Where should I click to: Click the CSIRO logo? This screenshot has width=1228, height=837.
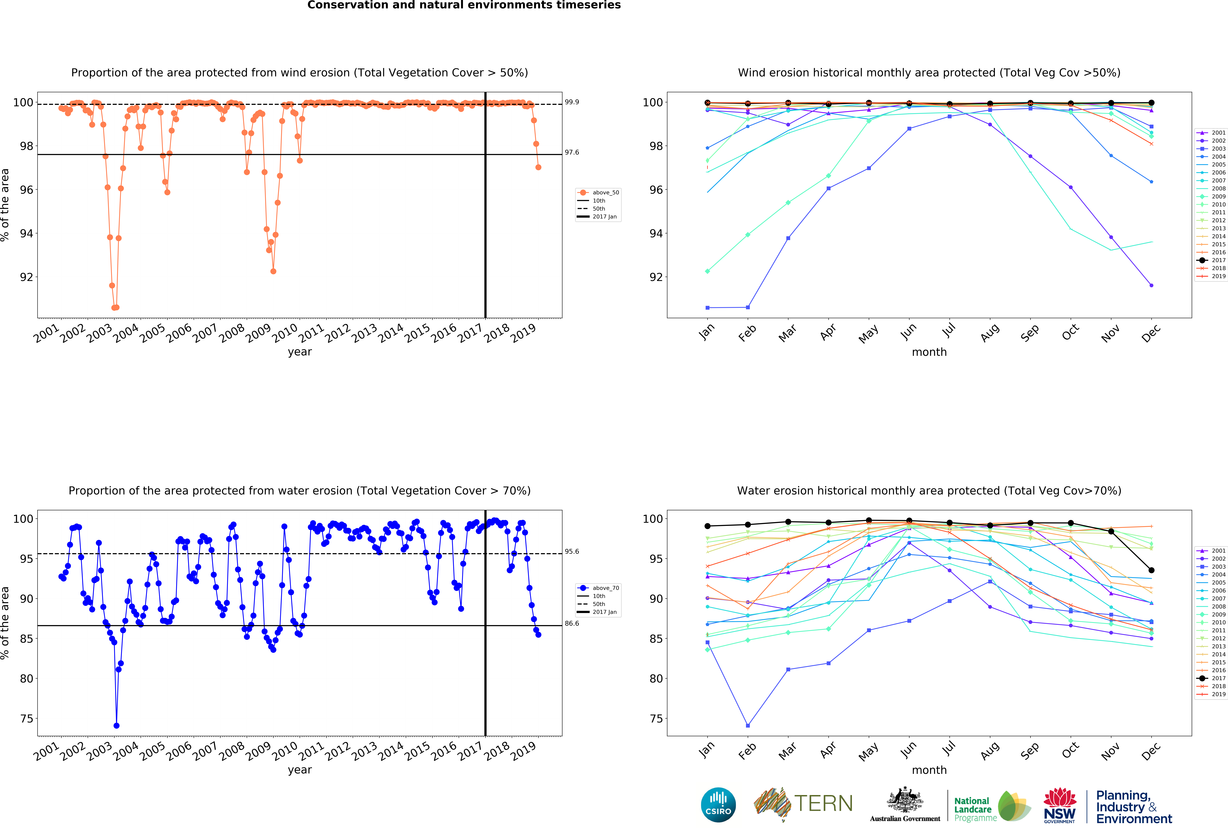point(718,805)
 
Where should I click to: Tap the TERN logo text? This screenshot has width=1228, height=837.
point(823,804)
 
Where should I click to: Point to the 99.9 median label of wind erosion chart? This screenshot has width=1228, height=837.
point(572,102)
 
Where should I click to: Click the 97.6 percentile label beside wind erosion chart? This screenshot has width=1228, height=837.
point(572,152)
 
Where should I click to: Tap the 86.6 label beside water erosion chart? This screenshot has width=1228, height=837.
point(572,624)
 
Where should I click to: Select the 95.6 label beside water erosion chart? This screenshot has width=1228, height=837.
point(572,552)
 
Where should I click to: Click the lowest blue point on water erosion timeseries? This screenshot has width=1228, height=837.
point(116,725)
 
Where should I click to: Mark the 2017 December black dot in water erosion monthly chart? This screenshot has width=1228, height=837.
point(1151,570)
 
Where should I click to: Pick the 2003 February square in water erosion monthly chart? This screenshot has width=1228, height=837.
point(748,725)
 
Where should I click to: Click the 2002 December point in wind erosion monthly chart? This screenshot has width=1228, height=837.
point(1151,285)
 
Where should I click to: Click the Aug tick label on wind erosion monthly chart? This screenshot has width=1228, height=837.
point(990,333)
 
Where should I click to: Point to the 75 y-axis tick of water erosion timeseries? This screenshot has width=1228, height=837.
point(26,719)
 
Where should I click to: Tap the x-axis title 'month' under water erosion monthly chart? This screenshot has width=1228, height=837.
point(929,770)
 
